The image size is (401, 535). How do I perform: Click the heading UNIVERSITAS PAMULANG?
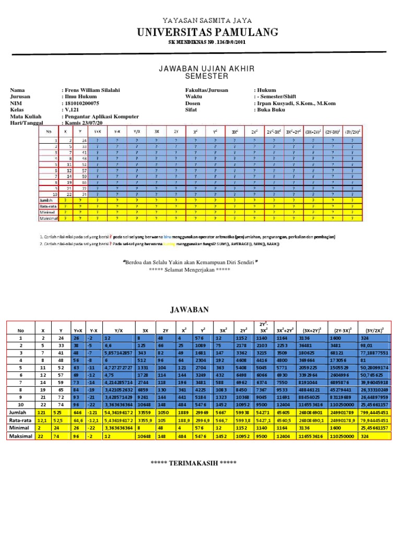[208, 33]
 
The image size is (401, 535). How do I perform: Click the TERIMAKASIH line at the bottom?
[193, 463]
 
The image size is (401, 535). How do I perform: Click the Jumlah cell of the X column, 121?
[40, 412]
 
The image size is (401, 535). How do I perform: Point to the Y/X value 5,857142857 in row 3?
[118, 353]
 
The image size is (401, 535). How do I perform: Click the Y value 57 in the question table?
[84, 170]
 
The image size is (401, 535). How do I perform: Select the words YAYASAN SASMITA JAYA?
[201, 20]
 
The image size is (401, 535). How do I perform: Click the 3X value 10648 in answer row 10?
[144, 404]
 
